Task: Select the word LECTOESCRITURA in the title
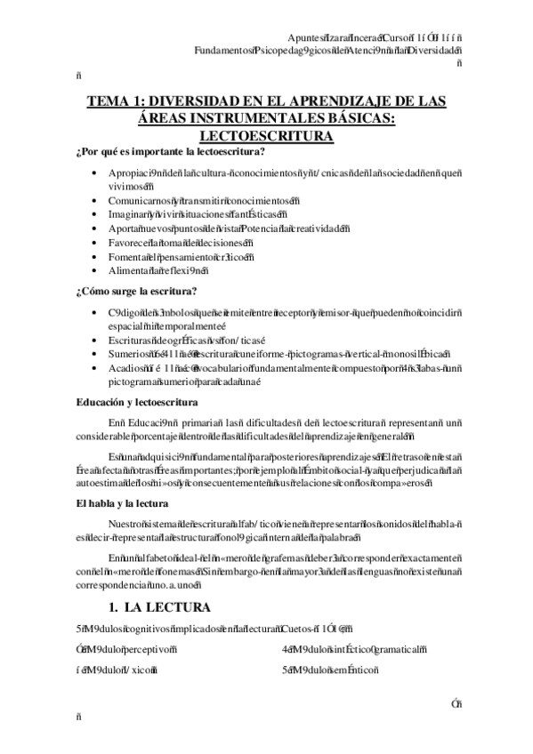click(x=266, y=135)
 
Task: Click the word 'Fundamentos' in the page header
click(x=221, y=50)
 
